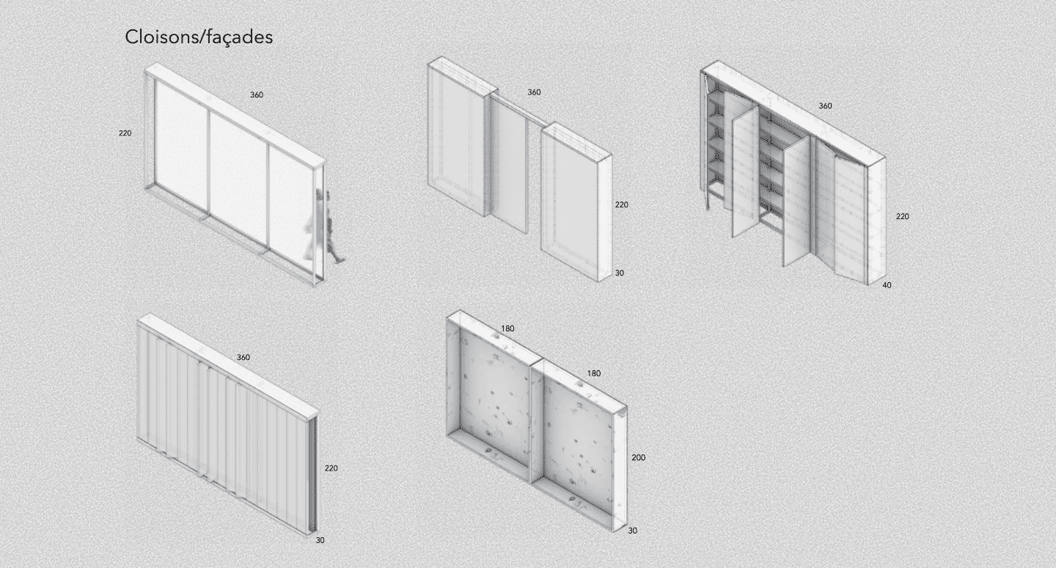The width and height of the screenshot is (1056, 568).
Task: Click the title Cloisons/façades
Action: coord(199,37)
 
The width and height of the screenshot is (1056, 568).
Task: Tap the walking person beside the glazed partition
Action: coord(325,225)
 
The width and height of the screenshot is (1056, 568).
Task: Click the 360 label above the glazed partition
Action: coord(257,95)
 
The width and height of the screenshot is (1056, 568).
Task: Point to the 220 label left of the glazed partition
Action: coord(125,133)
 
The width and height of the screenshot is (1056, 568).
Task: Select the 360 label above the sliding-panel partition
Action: coord(534,92)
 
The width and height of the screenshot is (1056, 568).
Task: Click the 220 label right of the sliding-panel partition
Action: coord(622,205)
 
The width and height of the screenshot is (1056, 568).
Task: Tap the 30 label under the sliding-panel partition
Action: coord(620,273)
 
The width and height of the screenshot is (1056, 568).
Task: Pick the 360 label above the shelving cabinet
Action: coord(825,106)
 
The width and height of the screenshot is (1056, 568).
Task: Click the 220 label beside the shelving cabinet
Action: coord(902,217)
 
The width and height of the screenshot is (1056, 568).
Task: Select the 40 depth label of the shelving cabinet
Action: coord(887,285)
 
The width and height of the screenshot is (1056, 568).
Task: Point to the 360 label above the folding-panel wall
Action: coord(243,358)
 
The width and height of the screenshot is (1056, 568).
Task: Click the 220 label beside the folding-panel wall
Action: coord(331,468)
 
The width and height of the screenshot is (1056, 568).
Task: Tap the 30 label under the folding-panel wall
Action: coord(320,540)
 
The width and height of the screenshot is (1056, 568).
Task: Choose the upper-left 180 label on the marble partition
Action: coord(507,329)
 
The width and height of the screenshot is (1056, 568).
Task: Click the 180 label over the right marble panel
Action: coord(594,374)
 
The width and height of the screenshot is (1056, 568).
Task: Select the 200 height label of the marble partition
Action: coord(639,457)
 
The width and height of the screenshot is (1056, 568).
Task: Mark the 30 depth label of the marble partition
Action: coord(633,531)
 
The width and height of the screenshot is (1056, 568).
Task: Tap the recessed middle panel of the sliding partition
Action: coord(507,163)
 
